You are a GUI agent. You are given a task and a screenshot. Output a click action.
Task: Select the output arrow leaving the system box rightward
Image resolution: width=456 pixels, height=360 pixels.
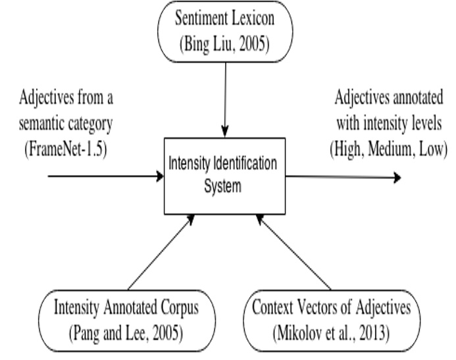point(342,176)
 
